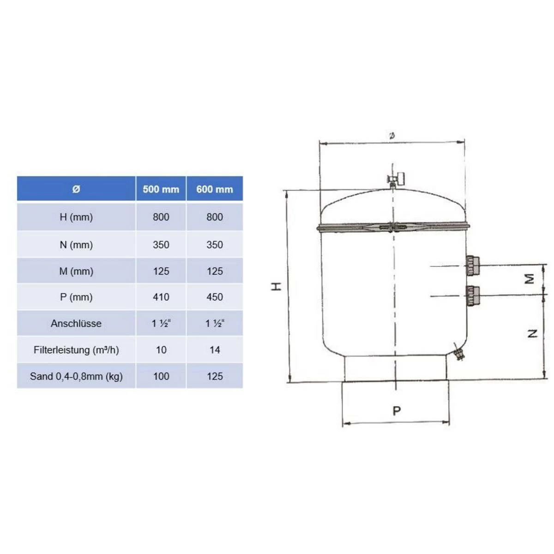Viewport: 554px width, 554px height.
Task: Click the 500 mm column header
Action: coord(161,189)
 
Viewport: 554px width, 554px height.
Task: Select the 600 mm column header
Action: coord(215,189)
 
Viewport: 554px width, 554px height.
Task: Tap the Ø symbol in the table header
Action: coord(76,189)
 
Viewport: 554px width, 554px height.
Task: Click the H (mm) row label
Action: coord(76,217)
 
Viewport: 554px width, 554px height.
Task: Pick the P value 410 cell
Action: coord(161,297)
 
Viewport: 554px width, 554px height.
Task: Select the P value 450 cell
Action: coord(215,297)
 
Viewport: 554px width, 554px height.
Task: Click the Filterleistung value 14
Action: coord(215,350)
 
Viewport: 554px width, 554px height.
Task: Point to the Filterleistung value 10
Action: coord(161,350)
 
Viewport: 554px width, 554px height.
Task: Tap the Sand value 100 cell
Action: coord(161,376)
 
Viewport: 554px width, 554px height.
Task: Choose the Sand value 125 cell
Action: coord(215,376)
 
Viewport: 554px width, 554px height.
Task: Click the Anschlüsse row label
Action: coord(76,324)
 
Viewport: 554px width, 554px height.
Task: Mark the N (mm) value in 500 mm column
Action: coord(161,245)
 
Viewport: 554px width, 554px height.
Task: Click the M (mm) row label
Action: coord(76,271)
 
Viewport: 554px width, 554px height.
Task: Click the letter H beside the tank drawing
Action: coord(276,287)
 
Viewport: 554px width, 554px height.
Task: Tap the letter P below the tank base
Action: coord(397,410)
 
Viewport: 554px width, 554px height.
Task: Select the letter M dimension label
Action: coord(530,279)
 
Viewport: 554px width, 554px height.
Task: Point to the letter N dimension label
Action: coord(532,333)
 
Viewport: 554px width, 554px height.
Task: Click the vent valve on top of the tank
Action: coord(396,179)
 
